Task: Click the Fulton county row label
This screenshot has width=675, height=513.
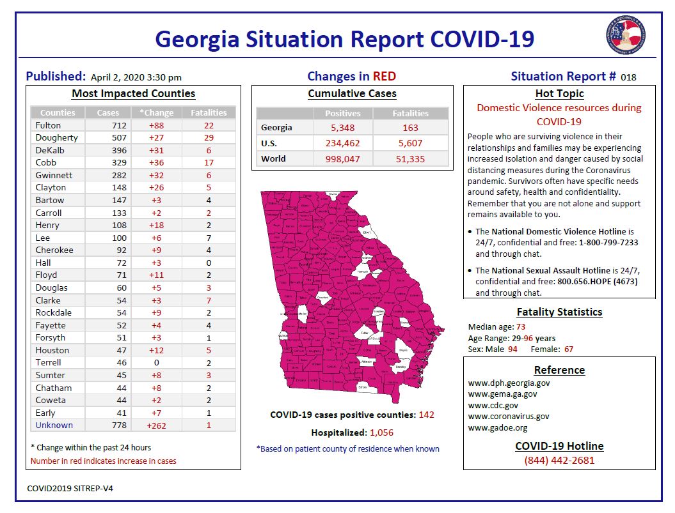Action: point(48,125)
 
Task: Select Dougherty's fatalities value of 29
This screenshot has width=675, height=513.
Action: point(209,138)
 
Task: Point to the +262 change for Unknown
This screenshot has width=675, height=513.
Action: point(155,425)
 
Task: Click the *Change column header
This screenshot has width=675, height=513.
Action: point(155,113)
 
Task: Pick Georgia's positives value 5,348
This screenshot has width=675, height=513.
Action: point(343,128)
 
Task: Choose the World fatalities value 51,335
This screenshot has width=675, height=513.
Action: point(410,158)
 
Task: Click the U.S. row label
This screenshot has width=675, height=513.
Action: point(269,143)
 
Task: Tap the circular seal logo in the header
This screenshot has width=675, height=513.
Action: point(624,35)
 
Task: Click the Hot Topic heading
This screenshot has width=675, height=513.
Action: point(559,93)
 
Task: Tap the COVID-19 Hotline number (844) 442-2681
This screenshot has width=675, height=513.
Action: point(559,461)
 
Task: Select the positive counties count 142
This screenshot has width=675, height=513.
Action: point(426,415)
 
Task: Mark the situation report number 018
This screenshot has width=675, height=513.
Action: point(628,77)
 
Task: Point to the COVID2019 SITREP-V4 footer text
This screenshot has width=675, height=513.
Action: point(70,488)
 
